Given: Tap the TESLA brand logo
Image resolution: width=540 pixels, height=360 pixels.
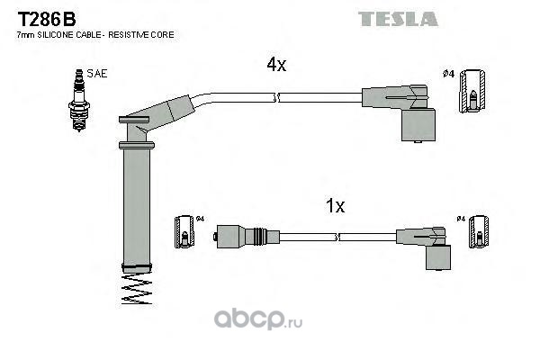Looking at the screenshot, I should (x=398, y=18).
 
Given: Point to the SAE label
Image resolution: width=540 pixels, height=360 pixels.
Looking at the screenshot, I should (x=96, y=75).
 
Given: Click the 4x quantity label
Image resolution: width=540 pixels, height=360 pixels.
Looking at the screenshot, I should (x=275, y=65).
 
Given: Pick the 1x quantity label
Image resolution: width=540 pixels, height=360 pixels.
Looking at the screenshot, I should (x=335, y=206).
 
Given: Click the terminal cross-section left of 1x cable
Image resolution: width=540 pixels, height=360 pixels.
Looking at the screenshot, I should (x=183, y=233).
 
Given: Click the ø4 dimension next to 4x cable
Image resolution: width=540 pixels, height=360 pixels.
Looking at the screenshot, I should (x=447, y=74).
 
